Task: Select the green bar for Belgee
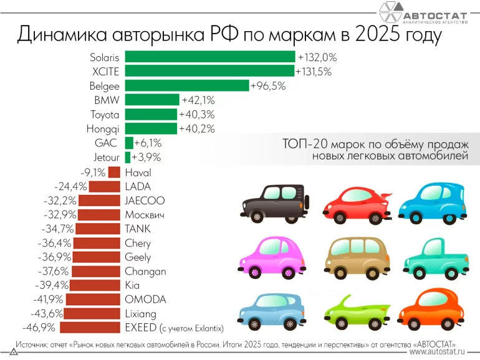(186, 85)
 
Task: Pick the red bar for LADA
(105, 186)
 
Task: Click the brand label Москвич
(145, 215)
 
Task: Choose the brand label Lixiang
(140, 313)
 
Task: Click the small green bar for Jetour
(128, 157)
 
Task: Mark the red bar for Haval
(114, 172)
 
